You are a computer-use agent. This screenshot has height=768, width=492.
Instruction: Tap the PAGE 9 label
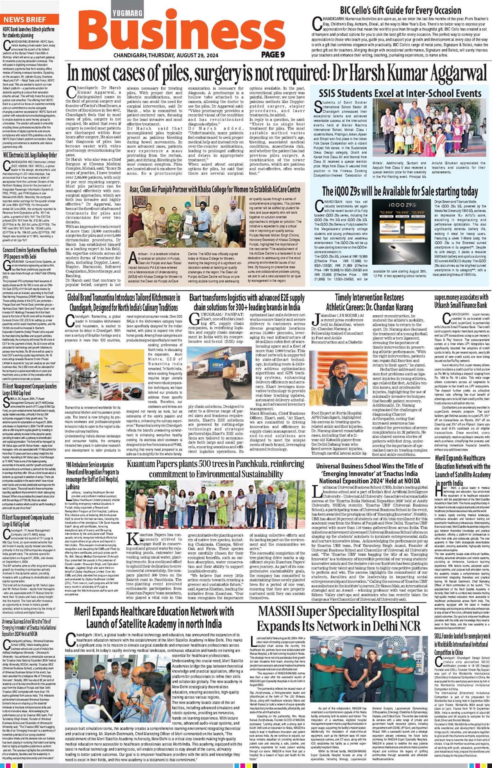tap(273, 54)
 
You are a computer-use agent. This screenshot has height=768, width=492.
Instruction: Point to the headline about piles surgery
tap(277, 74)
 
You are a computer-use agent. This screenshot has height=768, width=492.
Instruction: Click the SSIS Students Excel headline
tap(400, 93)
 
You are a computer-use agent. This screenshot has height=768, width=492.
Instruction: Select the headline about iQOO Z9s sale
tap(400, 191)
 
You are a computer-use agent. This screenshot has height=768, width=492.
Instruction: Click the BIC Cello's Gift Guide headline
tap(401, 10)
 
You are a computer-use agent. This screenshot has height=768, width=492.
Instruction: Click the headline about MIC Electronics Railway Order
tap(30, 155)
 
